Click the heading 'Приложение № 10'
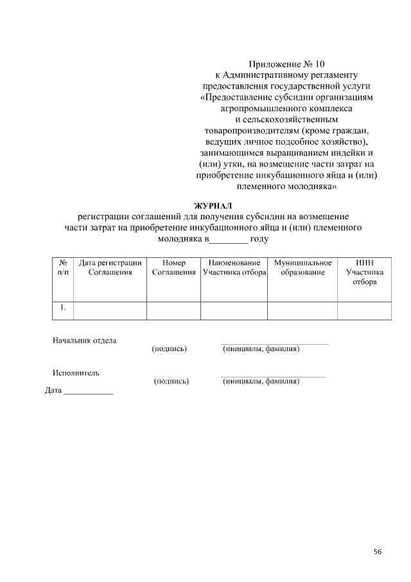(x=287, y=64)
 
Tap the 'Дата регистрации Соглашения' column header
(x=110, y=268)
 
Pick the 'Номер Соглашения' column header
(x=173, y=268)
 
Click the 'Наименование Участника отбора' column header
(x=234, y=268)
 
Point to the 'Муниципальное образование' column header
(x=302, y=268)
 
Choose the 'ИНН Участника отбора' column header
(x=364, y=273)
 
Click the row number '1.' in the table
(x=64, y=308)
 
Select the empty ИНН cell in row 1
(x=364, y=310)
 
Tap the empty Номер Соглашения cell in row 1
(x=173, y=310)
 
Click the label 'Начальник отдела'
(x=84, y=340)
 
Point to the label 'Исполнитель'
(x=75, y=372)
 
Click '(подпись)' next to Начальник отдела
(x=169, y=349)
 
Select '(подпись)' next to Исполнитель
(x=171, y=381)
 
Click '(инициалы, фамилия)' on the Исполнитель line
(x=261, y=381)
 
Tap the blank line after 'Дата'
(x=88, y=392)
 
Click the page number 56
(x=378, y=551)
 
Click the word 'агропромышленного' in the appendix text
(x=258, y=109)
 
